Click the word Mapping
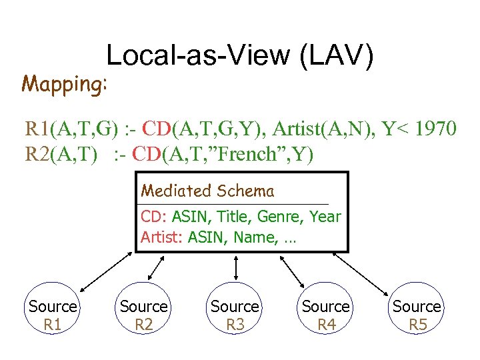[64, 84]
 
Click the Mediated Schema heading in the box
[207, 191]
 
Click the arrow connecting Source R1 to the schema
[106, 271]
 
